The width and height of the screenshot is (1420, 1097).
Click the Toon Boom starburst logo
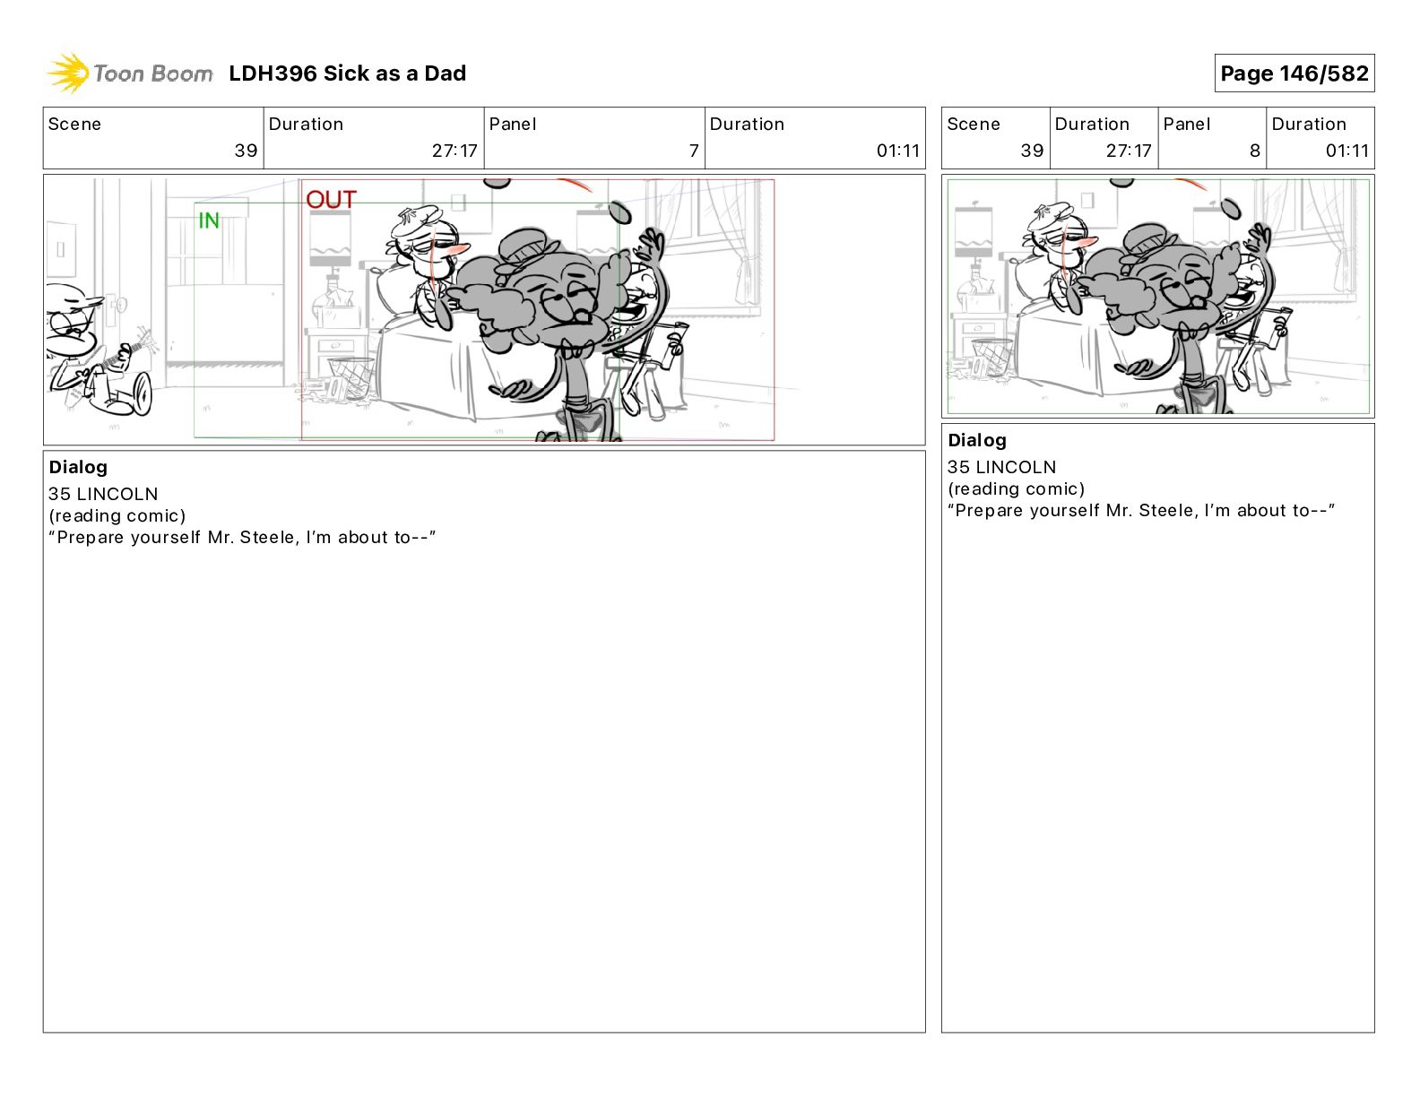pyautogui.click(x=68, y=73)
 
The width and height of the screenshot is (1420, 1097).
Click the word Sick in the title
pyautogui.click(x=345, y=73)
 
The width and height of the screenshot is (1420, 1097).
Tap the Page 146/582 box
pyautogui.click(x=1294, y=73)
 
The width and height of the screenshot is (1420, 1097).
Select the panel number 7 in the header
pyautogui.click(x=693, y=151)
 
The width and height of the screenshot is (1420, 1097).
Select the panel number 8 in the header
pyautogui.click(x=1254, y=151)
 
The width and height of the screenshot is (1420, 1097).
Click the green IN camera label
pyautogui.click(x=209, y=220)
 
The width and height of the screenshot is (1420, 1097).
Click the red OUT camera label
pyautogui.click(x=331, y=200)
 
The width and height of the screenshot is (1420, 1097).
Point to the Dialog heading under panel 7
pyautogui.click(x=78, y=467)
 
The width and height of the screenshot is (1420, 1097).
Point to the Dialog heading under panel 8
pyautogui.click(x=976, y=440)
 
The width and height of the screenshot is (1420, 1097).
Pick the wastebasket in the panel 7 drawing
pyautogui.click(x=350, y=377)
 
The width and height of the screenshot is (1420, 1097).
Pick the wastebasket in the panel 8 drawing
pyautogui.click(x=991, y=357)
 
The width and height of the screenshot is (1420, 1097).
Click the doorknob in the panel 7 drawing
pyautogui.click(x=120, y=305)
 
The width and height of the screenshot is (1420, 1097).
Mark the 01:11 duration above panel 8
pyautogui.click(x=1346, y=151)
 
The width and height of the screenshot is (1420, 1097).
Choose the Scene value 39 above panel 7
pyautogui.click(x=246, y=151)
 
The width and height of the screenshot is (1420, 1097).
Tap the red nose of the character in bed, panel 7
pyautogui.click(x=461, y=249)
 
